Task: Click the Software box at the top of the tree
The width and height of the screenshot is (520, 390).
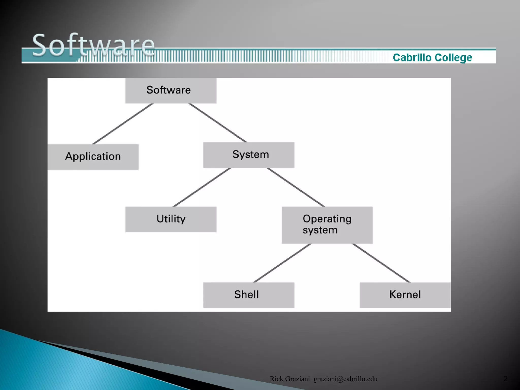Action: click(x=171, y=90)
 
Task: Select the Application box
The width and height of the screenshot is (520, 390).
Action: click(x=93, y=157)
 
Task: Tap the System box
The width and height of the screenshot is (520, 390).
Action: click(x=249, y=155)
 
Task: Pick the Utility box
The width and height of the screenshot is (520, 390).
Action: click(x=171, y=219)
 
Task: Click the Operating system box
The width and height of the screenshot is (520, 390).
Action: click(x=327, y=225)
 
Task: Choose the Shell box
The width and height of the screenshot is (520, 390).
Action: click(x=249, y=295)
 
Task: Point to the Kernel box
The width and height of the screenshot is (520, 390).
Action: click(x=405, y=295)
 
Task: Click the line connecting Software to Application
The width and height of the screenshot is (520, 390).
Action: click(x=123, y=124)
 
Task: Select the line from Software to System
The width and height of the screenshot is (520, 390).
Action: click(x=218, y=123)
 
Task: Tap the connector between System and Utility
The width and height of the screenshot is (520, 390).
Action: click(x=202, y=187)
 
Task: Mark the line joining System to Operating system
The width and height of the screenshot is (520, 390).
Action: click(x=296, y=187)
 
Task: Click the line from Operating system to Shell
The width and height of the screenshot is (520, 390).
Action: click(x=282, y=263)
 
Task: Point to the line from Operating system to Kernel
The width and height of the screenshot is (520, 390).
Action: click(x=381, y=263)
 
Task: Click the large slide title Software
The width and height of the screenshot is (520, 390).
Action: click(x=93, y=45)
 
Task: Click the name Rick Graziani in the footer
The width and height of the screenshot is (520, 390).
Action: click(x=290, y=379)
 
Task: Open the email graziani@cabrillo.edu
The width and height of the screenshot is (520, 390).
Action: click(x=345, y=379)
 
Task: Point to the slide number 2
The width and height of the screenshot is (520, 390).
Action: click(x=505, y=379)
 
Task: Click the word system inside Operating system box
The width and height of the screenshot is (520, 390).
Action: click(x=320, y=230)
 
